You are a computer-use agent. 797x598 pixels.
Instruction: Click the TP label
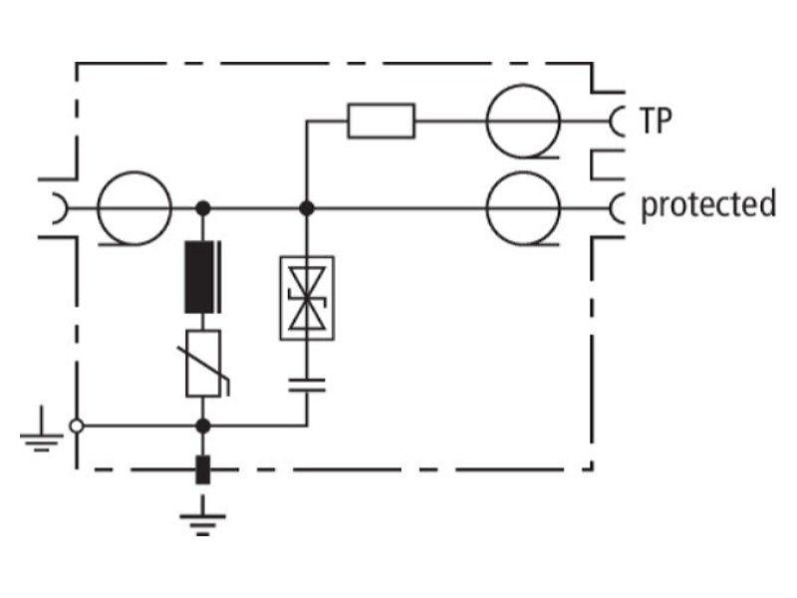(656, 121)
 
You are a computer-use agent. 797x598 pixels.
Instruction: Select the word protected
(708, 204)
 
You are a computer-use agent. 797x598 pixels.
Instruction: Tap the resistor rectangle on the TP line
(382, 121)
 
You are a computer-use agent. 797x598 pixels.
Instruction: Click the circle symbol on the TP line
(523, 121)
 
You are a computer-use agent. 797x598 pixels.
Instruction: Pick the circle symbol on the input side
(134, 208)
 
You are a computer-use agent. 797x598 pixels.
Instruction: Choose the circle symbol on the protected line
(523, 208)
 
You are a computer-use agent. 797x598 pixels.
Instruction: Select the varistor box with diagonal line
(203, 363)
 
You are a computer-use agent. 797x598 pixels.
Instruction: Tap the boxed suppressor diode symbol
(307, 298)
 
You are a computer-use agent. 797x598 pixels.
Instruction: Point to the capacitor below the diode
(307, 386)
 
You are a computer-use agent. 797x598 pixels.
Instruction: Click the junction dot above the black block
(203, 208)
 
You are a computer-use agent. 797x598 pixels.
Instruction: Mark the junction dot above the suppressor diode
(307, 208)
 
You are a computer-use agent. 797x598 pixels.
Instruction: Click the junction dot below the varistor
(203, 426)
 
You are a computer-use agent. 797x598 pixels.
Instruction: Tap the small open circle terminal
(77, 426)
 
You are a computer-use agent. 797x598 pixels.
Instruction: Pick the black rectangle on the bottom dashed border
(203, 469)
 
